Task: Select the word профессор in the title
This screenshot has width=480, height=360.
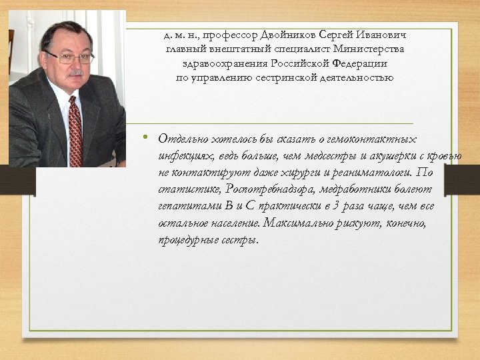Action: (224, 34)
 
